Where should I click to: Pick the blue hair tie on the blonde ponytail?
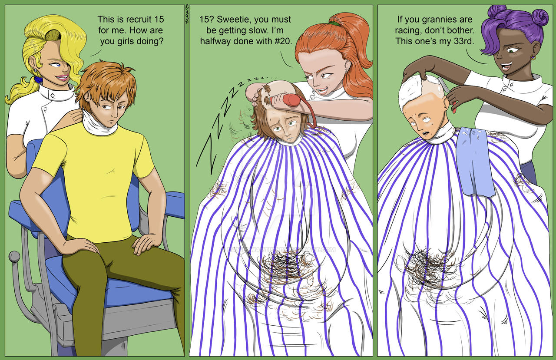pyautogui.click(x=38, y=79)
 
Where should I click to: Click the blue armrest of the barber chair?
pyautogui.click(x=175, y=205)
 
